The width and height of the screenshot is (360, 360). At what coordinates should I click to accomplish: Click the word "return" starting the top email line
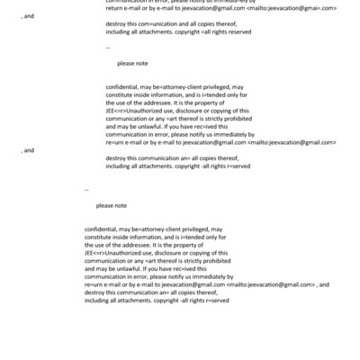pyautogui.click(x=114, y=7)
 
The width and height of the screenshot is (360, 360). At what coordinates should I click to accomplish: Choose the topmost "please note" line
pyautogui.click(x=132, y=64)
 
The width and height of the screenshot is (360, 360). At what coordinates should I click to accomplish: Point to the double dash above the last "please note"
pyautogui.click(x=87, y=190)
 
